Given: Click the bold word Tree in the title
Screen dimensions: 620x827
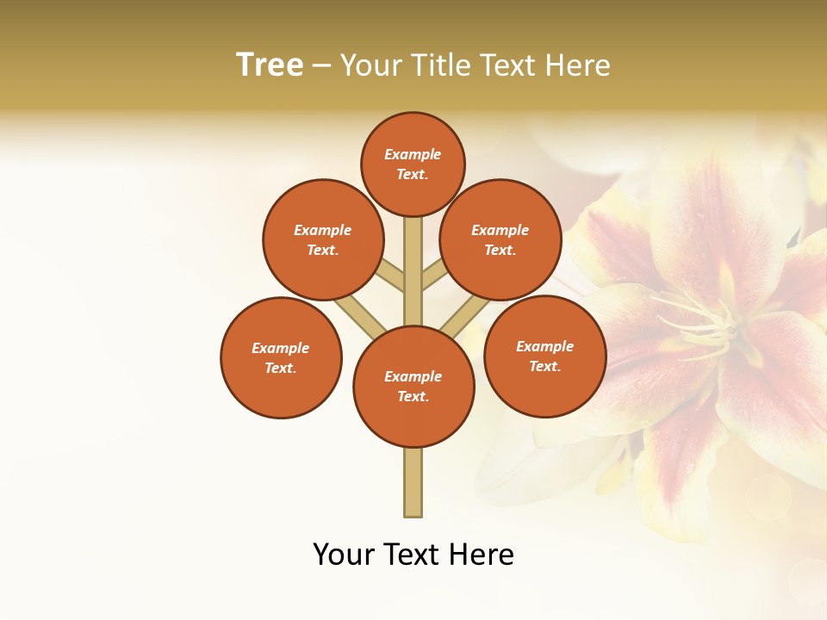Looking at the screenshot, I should pyautogui.click(x=270, y=65).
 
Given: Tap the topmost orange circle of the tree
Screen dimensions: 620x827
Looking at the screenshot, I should pyautogui.click(x=413, y=164).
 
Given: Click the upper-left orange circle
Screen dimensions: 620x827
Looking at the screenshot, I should pyautogui.click(x=323, y=239).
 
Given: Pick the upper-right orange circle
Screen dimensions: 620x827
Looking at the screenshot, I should pyautogui.click(x=501, y=239).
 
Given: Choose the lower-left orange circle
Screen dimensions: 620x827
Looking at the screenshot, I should pyautogui.click(x=281, y=357).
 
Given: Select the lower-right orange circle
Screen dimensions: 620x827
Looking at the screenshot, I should pyautogui.click(x=544, y=356).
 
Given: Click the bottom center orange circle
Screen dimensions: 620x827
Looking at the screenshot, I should pyautogui.click(x=413, y=387).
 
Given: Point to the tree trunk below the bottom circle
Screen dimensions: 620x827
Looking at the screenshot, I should pyautogui.click(x=413, y=482).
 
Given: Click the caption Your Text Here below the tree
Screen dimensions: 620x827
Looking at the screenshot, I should pyautogui.click(x=413, y=555).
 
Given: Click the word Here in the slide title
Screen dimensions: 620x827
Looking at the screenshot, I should pyautogui.click(x=577, y=65).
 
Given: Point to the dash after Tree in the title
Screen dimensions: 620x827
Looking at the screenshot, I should pyautogui.click(x=321, y=66).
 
